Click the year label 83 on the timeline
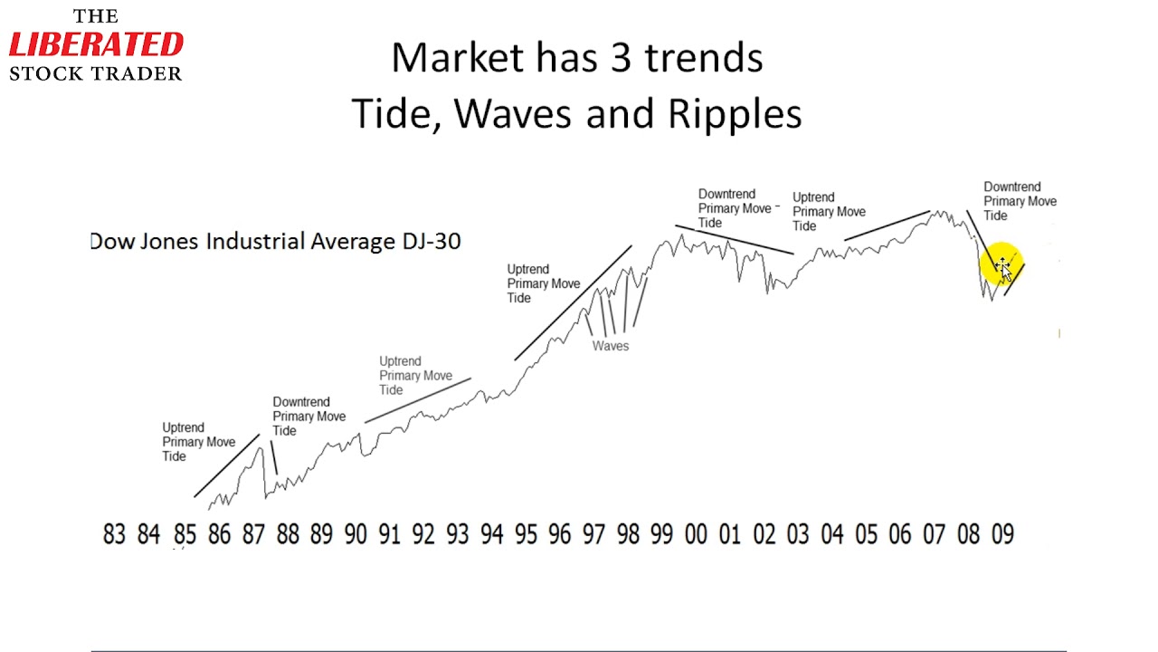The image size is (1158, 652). click(x=114, y=534)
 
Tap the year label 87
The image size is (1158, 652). click(x=253, y=534)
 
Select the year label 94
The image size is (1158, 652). click(x=491, y=534)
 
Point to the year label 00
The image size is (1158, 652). click(x=696, y=534)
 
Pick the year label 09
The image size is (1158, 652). click(x=1002, y=534)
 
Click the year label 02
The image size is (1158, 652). click(x=764, y=534)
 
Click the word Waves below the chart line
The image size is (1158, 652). click(x=611, y=346)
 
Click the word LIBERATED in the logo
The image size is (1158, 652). click(x=96, y=44)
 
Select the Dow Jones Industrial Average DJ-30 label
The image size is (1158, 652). click(x=276, y=241)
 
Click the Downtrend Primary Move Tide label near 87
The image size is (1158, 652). click(x=308, y=417)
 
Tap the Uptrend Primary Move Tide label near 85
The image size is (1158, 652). click(x=198, y=442)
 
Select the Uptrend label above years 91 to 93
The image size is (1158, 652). click(x=415, y=376)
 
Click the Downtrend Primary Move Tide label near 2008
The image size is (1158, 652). click(x=1020, y=201)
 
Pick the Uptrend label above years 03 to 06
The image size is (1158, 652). click(x=829, y=212)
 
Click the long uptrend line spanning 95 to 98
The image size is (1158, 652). click(x=573, y=302)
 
